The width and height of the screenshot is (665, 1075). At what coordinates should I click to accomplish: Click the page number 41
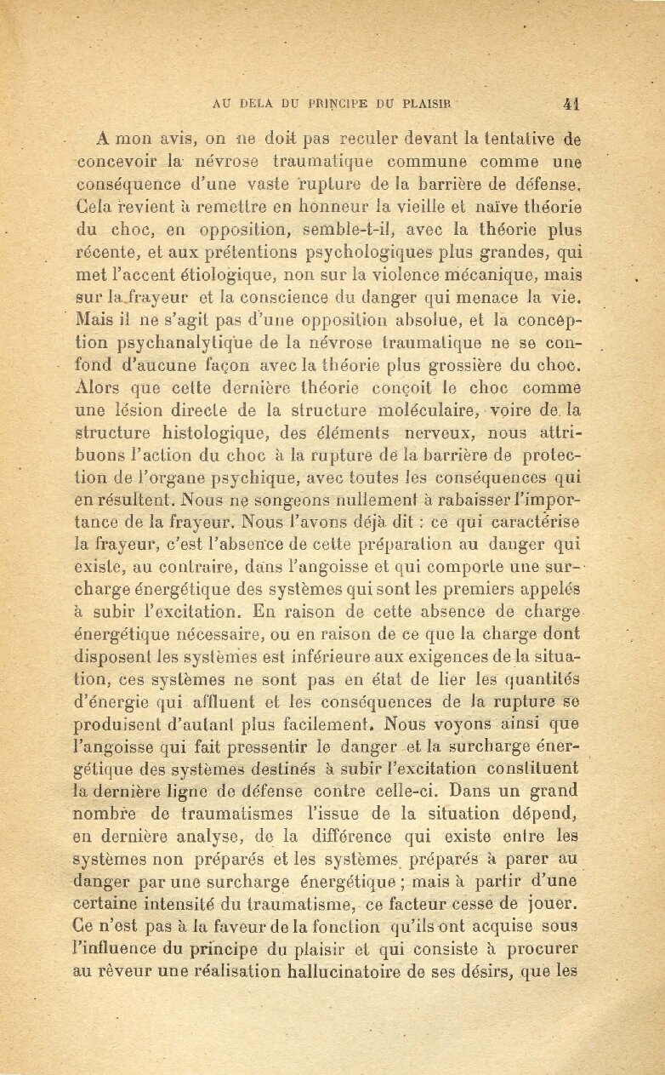click(571, 105)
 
